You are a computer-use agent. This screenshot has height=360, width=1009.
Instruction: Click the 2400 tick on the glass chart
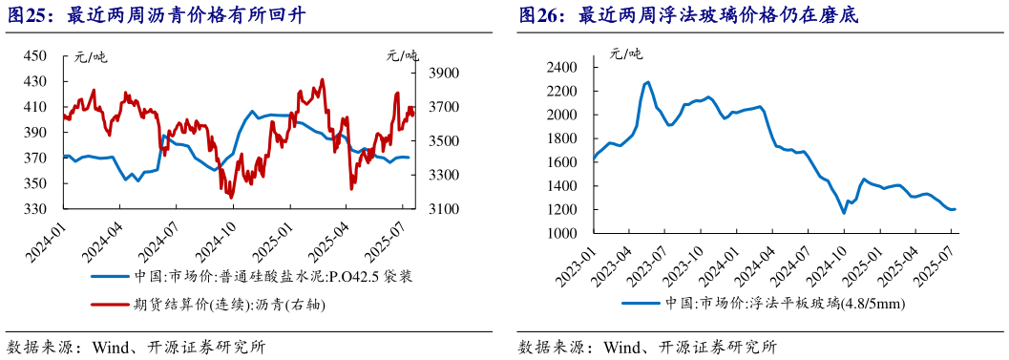point(563,67)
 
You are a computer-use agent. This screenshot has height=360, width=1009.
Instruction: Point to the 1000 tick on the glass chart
point(563,234)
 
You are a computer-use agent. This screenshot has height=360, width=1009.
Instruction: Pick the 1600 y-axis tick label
point(563,162)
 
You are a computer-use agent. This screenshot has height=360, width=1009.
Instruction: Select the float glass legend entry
point(760,305)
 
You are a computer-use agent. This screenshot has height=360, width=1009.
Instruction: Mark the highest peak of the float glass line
point(647,82)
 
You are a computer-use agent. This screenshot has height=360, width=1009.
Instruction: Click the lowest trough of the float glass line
point(844,213)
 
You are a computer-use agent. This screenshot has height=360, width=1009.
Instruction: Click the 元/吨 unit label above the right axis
point(402,55)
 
